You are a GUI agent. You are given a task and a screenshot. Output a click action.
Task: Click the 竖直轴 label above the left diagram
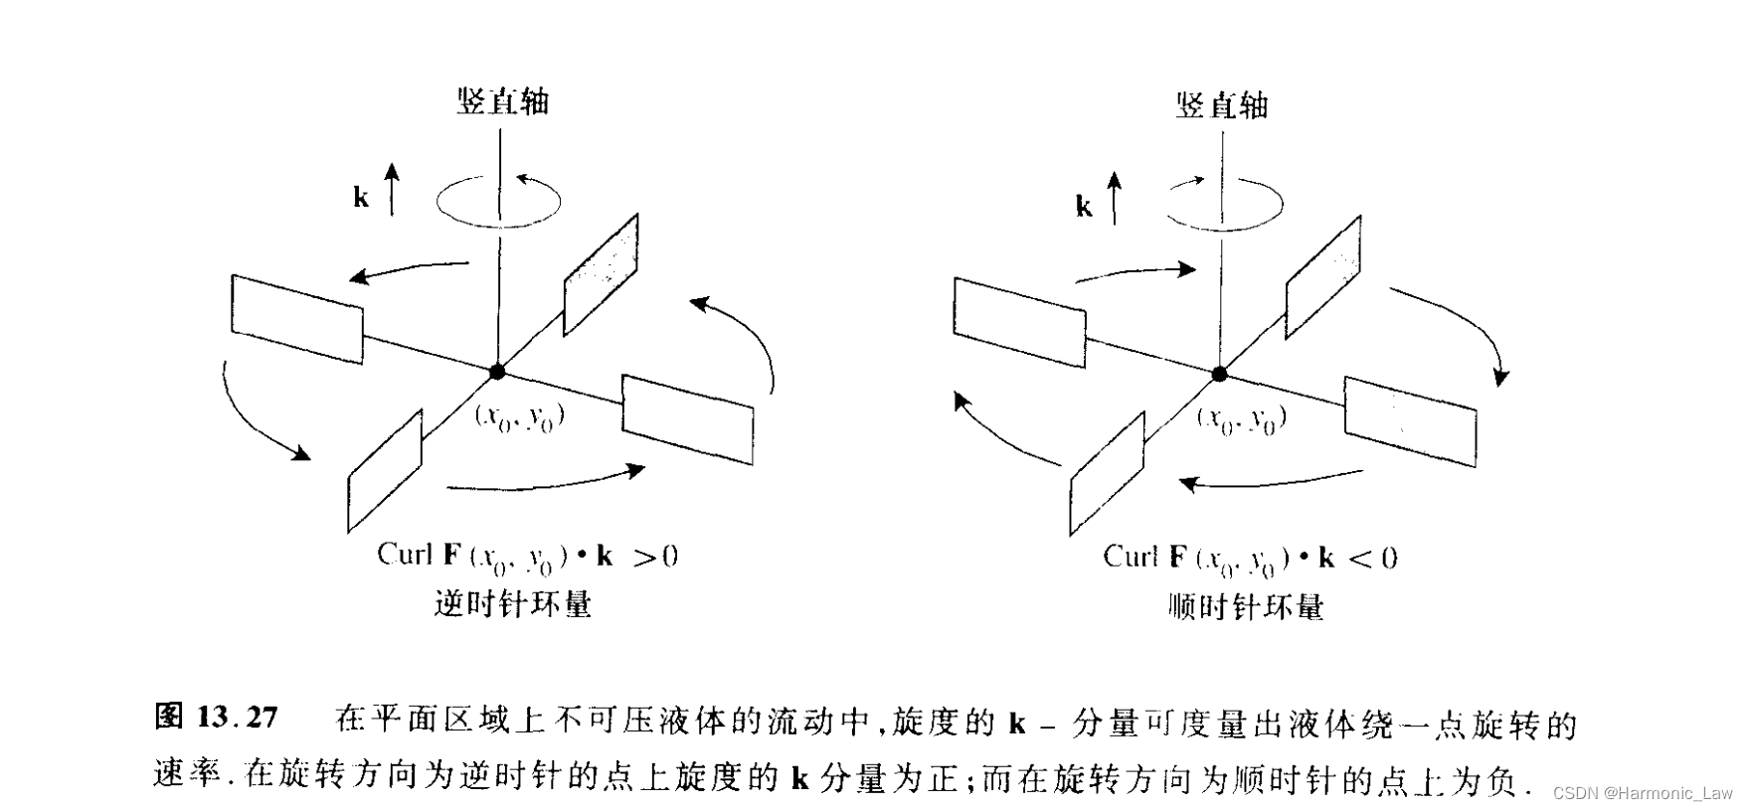[x=502, y=101]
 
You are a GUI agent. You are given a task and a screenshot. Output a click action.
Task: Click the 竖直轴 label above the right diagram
[x=1222, y=104]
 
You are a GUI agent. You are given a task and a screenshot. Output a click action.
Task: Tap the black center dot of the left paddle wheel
[x=497, y=372]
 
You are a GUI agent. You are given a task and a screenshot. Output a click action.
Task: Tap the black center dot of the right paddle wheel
[x=1219, y=374]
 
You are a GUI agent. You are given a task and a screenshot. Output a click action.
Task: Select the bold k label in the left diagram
[x=361, y=198]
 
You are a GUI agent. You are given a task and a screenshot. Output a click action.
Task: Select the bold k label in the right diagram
[x=1084, y=206]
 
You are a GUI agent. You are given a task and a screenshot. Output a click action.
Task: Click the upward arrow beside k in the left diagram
[x=393, y=189]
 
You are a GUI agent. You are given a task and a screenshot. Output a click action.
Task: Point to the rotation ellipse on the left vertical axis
[x=498, y=201]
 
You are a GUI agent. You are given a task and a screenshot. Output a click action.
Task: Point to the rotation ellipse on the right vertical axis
[x=1223, y=204]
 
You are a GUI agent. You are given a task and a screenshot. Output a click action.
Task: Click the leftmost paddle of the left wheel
[x=297, y=319]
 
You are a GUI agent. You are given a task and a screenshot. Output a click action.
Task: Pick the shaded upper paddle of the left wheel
[x=601, y=274]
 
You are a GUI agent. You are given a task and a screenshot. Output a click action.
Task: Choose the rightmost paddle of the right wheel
[x=1410, y=420]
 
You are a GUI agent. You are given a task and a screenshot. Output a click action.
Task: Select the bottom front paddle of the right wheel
[x=1107, y=474]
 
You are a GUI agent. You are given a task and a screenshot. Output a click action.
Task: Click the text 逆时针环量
[x=513, y=603]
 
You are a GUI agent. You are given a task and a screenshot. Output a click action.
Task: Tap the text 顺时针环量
[x=1246, y=606]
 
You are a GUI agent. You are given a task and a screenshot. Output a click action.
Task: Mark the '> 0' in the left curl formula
[x=656, y=556]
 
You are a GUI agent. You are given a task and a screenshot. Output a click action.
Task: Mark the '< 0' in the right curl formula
[x=1373, y=558]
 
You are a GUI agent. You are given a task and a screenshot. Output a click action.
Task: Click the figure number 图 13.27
[x=216, y=717]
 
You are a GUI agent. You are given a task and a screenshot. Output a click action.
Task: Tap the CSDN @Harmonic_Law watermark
[x=1642, y=792]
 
